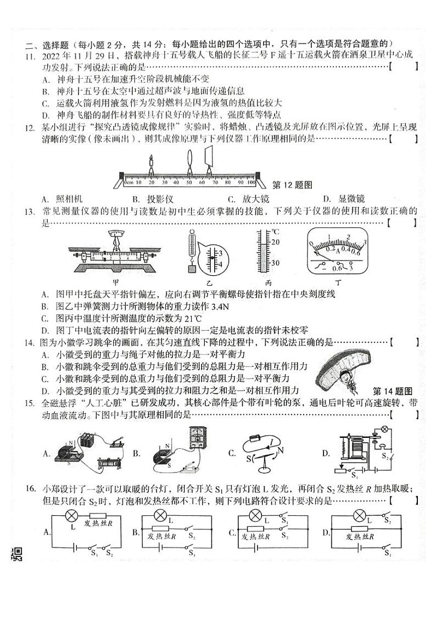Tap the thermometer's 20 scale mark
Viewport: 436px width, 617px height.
pyautogui.click(x=275, y=242)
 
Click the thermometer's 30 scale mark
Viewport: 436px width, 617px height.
pyautogui.click(x=275, y=263)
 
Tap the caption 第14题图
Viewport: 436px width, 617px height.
pyautogui.click(x=392, y=391)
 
